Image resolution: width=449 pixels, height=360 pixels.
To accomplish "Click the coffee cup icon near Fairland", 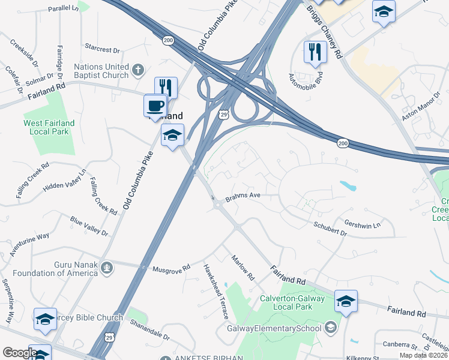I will click(x=155, y=106).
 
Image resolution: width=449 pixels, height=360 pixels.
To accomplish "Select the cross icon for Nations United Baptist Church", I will click(x=138, y=70).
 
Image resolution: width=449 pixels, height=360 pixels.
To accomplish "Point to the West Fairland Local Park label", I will click(x=49, y=127).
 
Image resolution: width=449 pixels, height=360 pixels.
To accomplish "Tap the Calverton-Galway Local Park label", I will click(x=292, y=302).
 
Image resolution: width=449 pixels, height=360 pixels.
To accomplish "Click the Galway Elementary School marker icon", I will click(x=330, y=328).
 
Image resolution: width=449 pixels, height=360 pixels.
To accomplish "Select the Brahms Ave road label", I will click(x=243, y=197).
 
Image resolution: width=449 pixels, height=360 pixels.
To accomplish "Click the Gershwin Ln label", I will click(x=363, y=223).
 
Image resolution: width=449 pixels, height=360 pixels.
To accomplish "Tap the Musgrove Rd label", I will click(x=171, y=268).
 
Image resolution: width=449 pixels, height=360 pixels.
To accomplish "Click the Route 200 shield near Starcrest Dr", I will click(x=167, y=40).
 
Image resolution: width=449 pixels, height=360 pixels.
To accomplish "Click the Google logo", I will click(x=20, y=353).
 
